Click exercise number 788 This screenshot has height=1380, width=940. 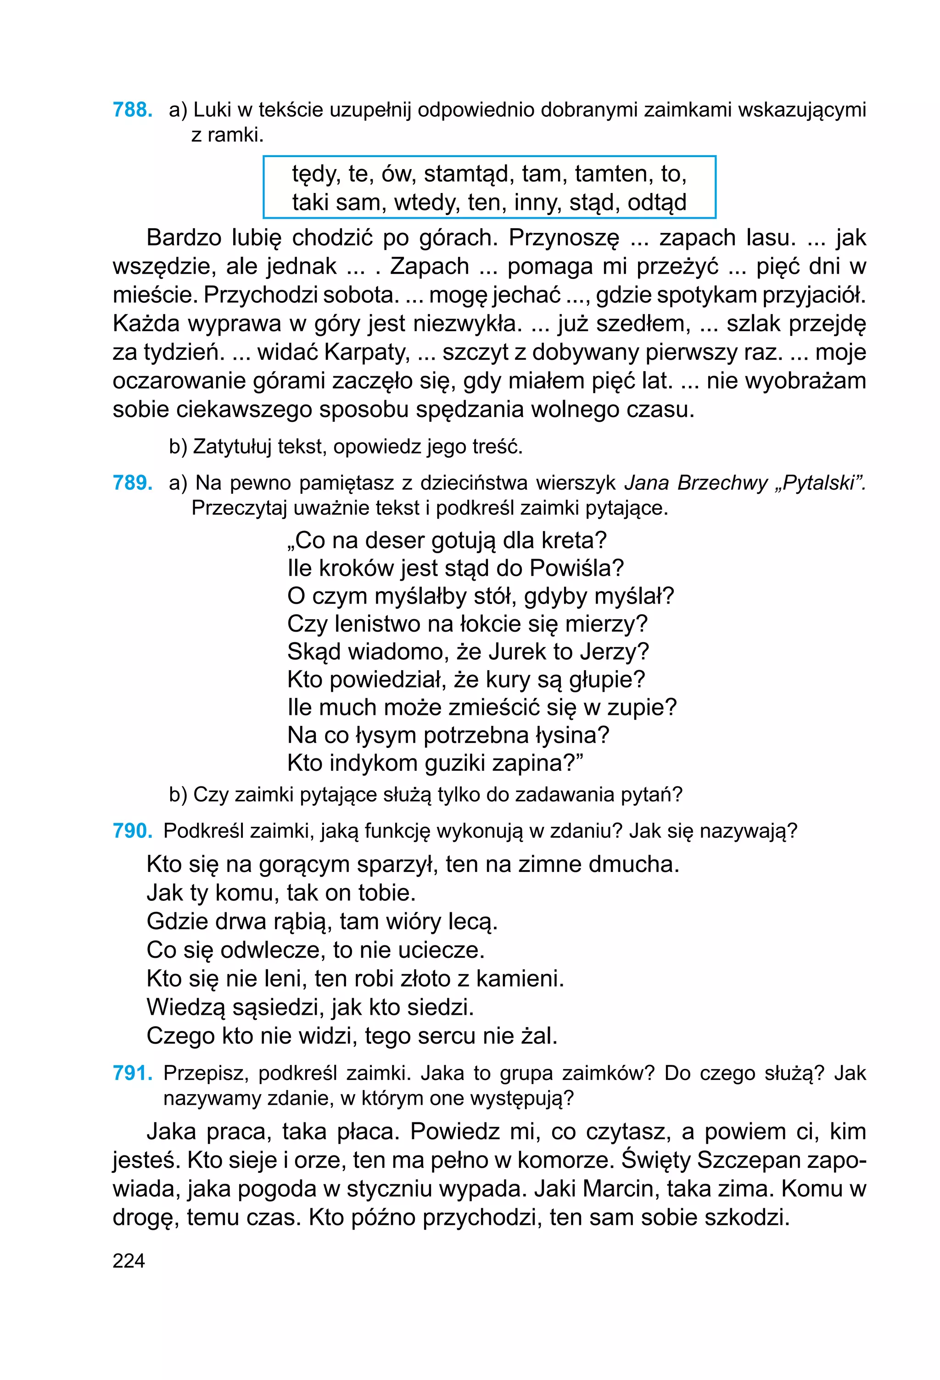(132, 110)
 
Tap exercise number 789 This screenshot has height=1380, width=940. (132, 483)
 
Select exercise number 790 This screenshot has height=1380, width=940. (132, 830)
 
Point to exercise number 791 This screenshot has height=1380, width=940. (132, 1073)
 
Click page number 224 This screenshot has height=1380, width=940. (129, 1260)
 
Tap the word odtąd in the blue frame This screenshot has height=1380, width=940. (657, 203)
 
